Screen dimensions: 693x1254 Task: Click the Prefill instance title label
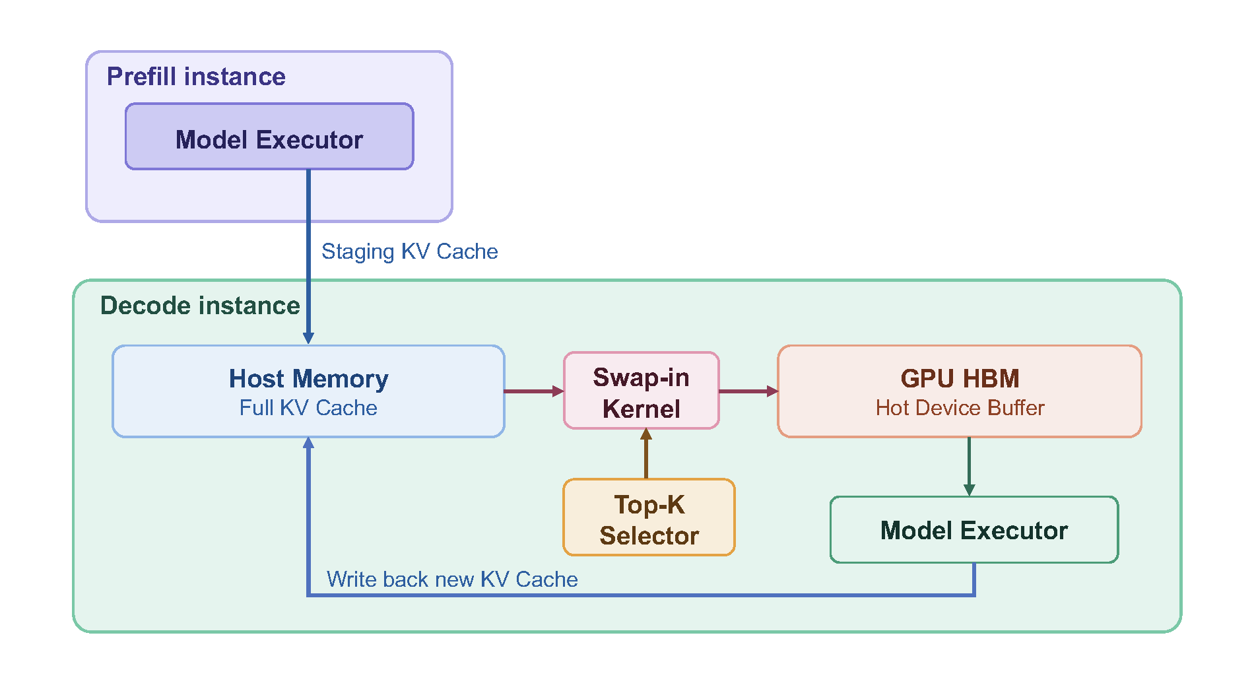(x=196, y=77)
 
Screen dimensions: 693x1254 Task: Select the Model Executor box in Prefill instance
(x=269, y=137)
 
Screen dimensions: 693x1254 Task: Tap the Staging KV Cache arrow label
(x=409, y=251)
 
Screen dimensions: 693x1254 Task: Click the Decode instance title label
(x=200, y=306)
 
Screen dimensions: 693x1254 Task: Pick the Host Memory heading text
(x=308, y=379)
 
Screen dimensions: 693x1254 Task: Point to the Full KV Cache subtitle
(x=308, y=408)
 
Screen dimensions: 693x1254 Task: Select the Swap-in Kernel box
(x=642, y=391)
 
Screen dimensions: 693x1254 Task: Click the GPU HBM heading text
(x=960, y=379)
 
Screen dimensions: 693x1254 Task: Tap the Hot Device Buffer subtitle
(x=960, y=408)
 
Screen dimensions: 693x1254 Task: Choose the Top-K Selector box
(x=649, y=517)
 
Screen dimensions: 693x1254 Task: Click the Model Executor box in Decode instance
(x=974, y=530)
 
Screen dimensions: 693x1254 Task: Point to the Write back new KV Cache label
(x=452, y=579)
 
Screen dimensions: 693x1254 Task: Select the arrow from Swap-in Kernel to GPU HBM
(x=748, y=391)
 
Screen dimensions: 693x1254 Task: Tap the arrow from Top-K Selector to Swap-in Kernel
(x=646, y=455)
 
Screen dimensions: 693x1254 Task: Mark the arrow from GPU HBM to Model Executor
(x=969, y=466)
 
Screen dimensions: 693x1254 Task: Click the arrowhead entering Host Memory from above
(x=308, y=337)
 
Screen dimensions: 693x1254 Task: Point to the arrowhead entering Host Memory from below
(x=308, y=444)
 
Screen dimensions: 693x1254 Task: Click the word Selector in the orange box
(x=649, y=536)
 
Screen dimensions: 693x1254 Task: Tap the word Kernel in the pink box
(x=642, y=409)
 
